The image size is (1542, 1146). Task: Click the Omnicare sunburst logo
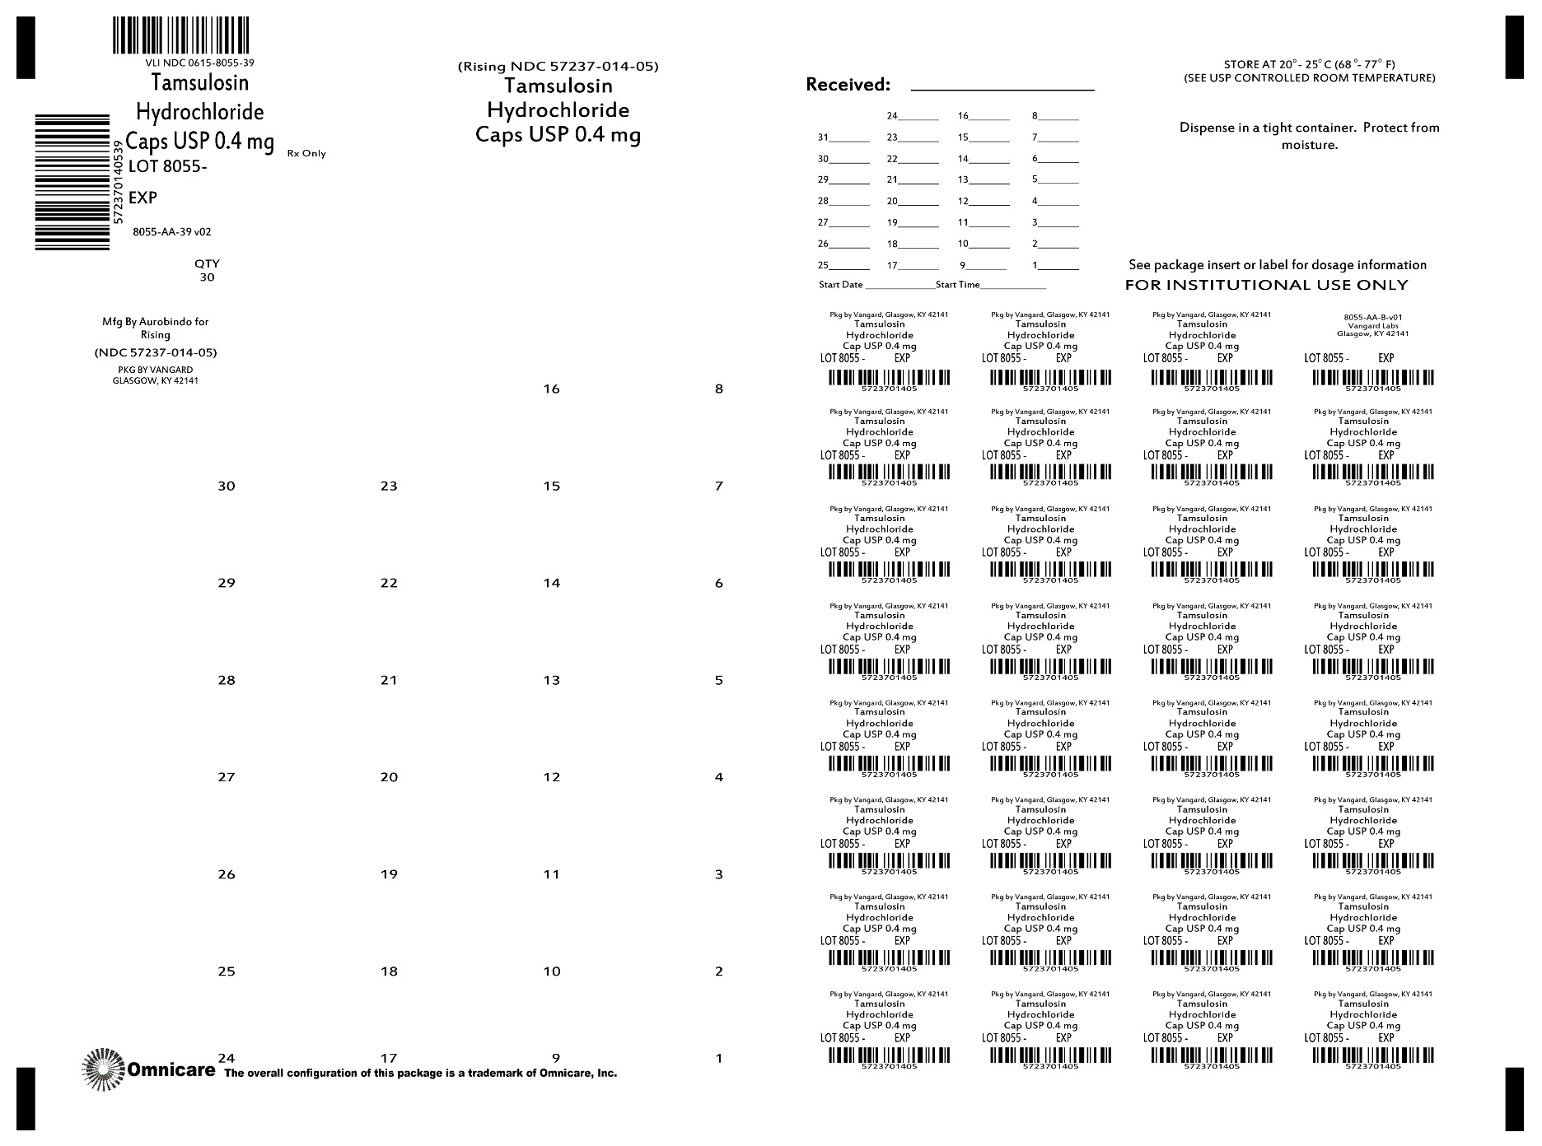pyautogui.click(x=102, y=1069)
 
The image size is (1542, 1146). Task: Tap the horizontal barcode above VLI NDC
pyautogui.click(x=181, y=35)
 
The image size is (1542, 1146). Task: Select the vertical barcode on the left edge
pyautogui.click(x=72, y=182)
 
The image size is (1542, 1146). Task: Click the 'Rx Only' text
pyautogui.click(x=306, y=154)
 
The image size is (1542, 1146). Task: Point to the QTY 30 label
pyautogui.click(x=207, y=270)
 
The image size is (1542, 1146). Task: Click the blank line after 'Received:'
pyautogui.click(x=1002, y=86)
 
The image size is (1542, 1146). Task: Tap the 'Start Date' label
pyautogui.click(x=840, y=285)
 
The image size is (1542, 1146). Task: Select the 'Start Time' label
pyautogui.click(x=957, y=285)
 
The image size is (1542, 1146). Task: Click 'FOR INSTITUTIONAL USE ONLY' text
pyautogui.click(x=1266, y=285)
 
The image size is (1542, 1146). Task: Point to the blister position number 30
pyautogui.click(x=227, y=487)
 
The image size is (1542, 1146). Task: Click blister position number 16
pyautogui.click(x=552, y=389)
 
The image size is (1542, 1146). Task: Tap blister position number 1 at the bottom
pyautogui.click(x=719, y=1059)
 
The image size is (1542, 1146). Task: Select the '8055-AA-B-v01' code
pyautogui.click(x=1372, y=317)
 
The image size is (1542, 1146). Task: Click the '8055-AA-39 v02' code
pyautogui.click(x=172, y=232)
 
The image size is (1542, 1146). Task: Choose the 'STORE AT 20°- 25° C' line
pyautogui.click(x=1309, y=64)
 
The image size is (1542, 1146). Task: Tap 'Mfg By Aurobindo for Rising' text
pyautogui.click(x=156, y=328)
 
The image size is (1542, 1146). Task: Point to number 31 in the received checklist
pyautogui.click(x=824, y=137)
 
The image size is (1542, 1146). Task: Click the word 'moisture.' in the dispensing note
pyautogui.click(x=1309, y=146)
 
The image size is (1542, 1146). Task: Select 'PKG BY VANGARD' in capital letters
pyautogui.click(x=156, y=370)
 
